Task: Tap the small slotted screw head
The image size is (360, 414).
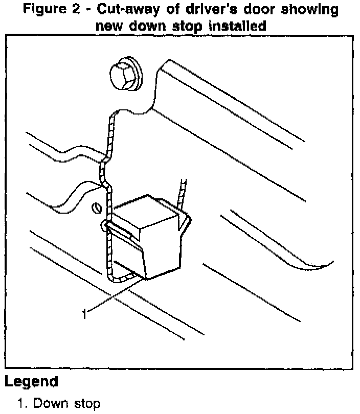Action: pos(95,209)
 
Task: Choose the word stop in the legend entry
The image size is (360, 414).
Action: pos(84,404)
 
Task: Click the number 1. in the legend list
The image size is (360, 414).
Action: pos(23,404)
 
